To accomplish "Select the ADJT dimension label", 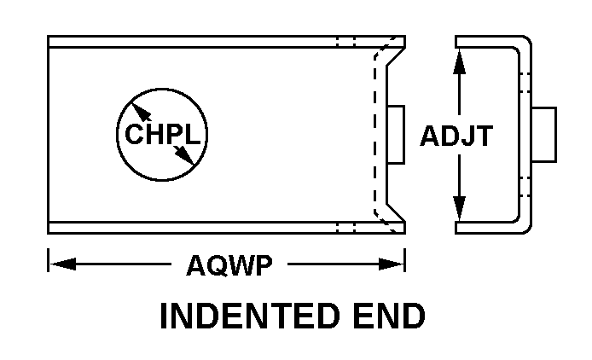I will pyautogui.click(x=456, y=136).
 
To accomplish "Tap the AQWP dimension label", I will pyautogui.click(x=229, y=265).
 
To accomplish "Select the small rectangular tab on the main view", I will pyautogui.click(x=396, y=136).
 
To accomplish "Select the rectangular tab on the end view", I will pyautogui.click(x=544, y=136).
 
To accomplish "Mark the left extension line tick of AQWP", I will pyautogui.click(x=49, y=259).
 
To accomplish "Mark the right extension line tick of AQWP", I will pyautogui.click(x=404, y=259).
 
